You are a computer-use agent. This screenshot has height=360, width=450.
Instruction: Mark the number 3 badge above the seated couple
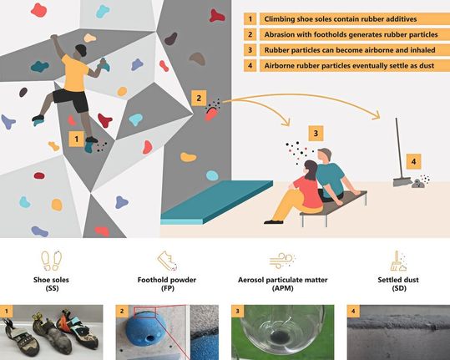click(x=314, y=132)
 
